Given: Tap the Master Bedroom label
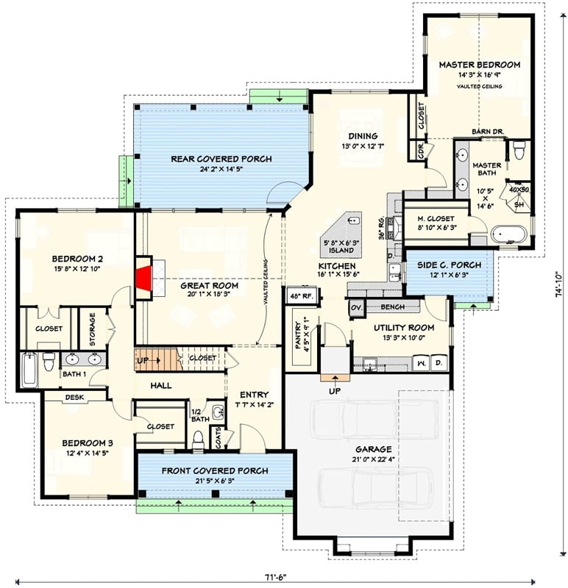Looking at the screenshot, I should [479, 65].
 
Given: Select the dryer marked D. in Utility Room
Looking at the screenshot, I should [439, 363].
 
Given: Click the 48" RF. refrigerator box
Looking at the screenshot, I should [299, 296].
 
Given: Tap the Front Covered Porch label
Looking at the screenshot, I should [215, 470].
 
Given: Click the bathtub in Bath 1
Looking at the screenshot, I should [29, 370].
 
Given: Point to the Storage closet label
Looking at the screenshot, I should [93, 329].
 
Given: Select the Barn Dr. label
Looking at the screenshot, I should [486, 132].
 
